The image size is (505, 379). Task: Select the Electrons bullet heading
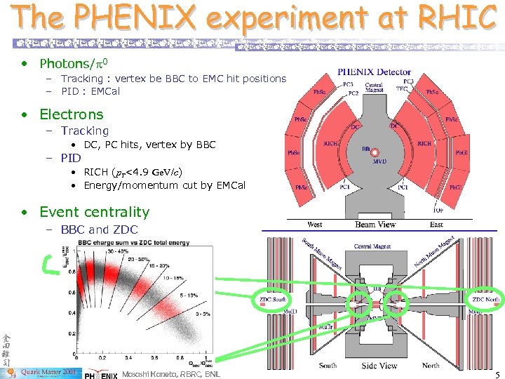point(71,114)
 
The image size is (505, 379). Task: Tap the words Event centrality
point(94,212)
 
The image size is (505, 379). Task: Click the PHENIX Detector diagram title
point(375,71)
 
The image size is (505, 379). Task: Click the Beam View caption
point(375,225)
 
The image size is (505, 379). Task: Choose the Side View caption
point(379,366)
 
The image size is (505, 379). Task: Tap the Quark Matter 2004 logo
point(49,373)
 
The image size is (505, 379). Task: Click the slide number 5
point(496,373)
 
